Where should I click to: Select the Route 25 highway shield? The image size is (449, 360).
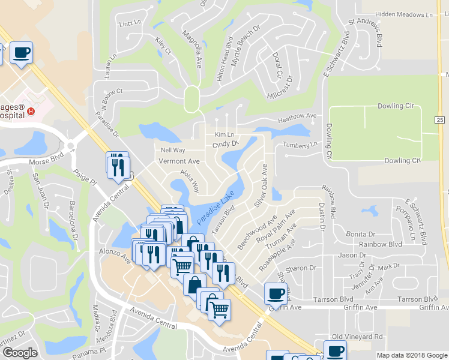coord(440,121)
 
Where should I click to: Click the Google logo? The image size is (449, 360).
coord(20,353)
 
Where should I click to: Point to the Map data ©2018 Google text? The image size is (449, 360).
coord(412,355)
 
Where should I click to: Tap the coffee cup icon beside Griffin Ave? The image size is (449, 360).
coord(276,293)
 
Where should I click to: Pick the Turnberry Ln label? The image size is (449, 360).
coord(300,145)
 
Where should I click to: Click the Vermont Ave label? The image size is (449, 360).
coord(178,161)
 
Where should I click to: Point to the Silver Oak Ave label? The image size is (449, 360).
coord(262,185)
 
